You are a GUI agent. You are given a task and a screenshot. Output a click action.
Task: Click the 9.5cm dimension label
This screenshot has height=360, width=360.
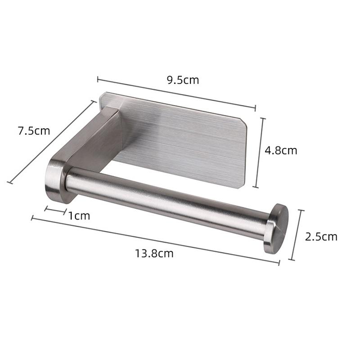[x=183, y=80]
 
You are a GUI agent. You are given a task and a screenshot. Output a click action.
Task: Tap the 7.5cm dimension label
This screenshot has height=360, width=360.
[x=34, y=131]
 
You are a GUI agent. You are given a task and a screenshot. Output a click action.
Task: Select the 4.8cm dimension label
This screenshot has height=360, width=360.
[x=281, y=150]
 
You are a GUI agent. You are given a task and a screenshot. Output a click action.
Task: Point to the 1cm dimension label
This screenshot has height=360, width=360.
[x=79, y=216]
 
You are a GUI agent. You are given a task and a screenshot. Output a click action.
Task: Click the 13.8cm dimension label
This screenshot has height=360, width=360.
[x=154, y=253]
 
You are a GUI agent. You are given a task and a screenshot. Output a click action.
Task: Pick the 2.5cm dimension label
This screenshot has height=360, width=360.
[x=321, y=237]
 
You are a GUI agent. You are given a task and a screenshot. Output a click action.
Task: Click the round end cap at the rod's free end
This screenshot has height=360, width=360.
[x=276, y=229]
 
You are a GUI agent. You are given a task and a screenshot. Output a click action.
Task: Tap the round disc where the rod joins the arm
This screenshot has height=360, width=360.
[x=55, y=180]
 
